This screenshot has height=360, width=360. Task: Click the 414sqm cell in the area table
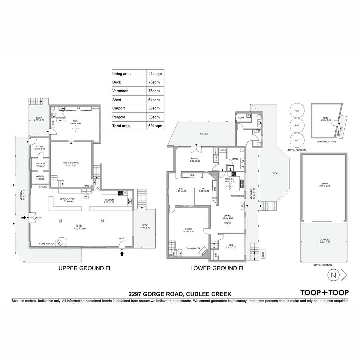click(x=156, y=74)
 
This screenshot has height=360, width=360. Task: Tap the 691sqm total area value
click(x=156, y=126)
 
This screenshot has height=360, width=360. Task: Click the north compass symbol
click(x=333, y=275)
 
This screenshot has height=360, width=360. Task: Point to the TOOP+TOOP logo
click(x=324, y=293)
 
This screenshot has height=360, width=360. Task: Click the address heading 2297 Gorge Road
click(x=180, y=294)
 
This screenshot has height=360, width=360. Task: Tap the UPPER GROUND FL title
click(x=85, y=268)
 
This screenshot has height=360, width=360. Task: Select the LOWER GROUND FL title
click(x=217, y=268)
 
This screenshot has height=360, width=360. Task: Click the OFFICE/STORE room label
click(x=71, y=164)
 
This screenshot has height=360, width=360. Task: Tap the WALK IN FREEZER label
click(x=40, y=164)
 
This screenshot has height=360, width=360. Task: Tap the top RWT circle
click(x=297, y=111)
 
